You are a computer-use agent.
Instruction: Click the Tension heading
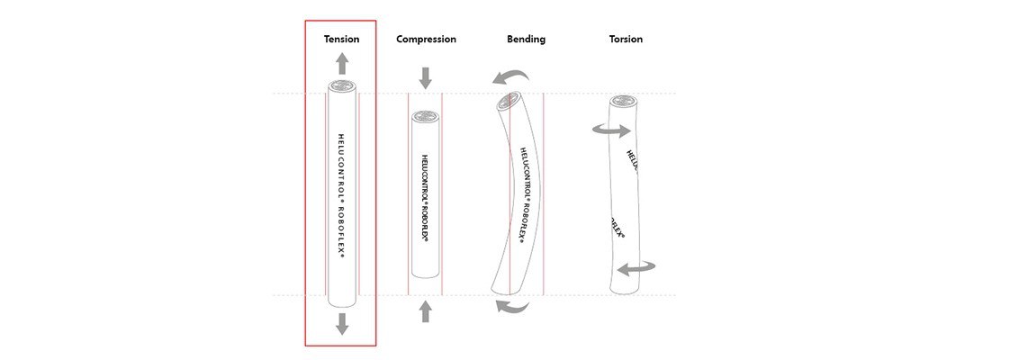(341, 40)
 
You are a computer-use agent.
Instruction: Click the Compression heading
(426, 40)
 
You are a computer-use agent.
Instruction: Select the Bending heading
(526, 40)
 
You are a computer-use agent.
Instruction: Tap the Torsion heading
(626, 40)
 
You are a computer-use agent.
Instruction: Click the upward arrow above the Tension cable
(341, 63)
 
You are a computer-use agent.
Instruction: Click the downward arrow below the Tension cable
(341, 324)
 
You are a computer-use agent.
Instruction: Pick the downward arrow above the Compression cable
(426, 77)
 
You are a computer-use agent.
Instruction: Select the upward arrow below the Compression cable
(426, 311)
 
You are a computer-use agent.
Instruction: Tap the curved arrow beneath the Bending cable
(515, 308)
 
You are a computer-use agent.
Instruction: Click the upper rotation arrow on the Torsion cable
(611, 131)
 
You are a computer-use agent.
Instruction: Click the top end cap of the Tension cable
(341, 87)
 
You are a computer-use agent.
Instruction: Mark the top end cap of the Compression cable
(425, 117)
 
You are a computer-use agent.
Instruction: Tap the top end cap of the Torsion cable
(623, 101)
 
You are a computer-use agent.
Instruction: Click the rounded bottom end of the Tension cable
(341, 302)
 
